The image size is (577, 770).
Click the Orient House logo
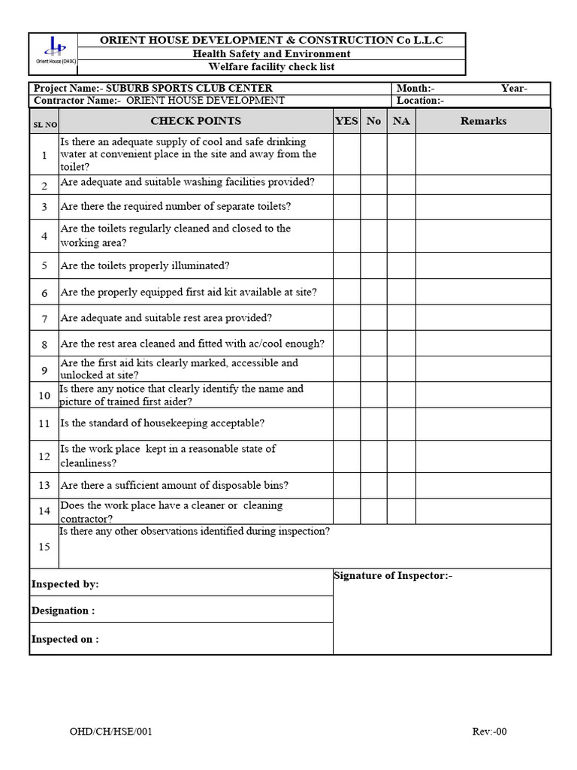tap(54, 50)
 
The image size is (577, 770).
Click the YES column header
tap(346, 121)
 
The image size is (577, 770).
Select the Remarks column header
tap(483, 121)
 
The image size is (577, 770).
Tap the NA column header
tap(401, 121)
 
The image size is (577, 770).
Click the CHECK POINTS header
tap(195, 121)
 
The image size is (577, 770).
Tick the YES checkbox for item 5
tap(346, 265)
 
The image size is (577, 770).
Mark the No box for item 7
tap(373, 318)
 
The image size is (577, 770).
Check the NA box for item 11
tap(401, 423)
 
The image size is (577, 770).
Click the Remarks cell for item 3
tap(483, 206)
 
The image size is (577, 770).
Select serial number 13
tap(44, 485)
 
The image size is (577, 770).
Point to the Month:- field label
tap(415, 89)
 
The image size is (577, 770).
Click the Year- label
tap(514, 89)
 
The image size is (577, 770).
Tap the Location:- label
tap(421, 101)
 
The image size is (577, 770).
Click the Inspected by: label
tap(65, 584)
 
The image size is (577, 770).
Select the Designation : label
tap(63, 611)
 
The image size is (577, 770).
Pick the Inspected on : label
tap(65, 639)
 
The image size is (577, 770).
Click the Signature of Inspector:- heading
tap(393, 576)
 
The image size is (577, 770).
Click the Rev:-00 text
tap(489, 732)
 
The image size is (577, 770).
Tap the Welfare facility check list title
tap(271, 68)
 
